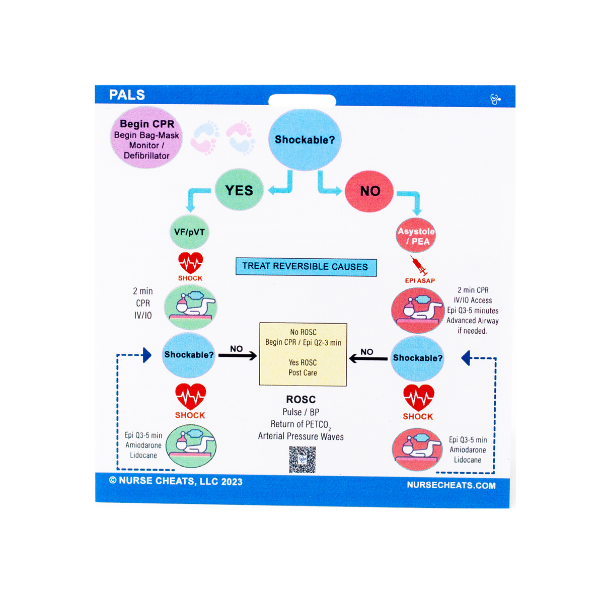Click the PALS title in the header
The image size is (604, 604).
(127, 95)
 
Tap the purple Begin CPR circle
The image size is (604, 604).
(146, 137)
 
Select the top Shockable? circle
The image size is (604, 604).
(305, 139)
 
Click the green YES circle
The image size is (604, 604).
(239, 190)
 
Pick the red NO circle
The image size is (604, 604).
(369, 191)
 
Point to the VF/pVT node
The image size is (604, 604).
(189, 232)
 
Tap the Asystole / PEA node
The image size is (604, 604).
(416, 236)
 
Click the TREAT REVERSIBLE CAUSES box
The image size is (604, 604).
(306, 266)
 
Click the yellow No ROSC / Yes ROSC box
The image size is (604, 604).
(303, 354)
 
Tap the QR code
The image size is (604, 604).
(302, 459)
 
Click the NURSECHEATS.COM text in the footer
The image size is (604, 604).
(451, 485)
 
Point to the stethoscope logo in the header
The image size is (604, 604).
(495, 99)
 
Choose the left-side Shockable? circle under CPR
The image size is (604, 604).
(189, 355)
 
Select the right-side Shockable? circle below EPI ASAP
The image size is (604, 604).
(417, 358)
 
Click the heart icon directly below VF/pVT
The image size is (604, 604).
(190, 263)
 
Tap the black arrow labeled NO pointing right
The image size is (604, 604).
(238, 356)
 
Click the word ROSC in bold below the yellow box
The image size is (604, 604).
(301, 399)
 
